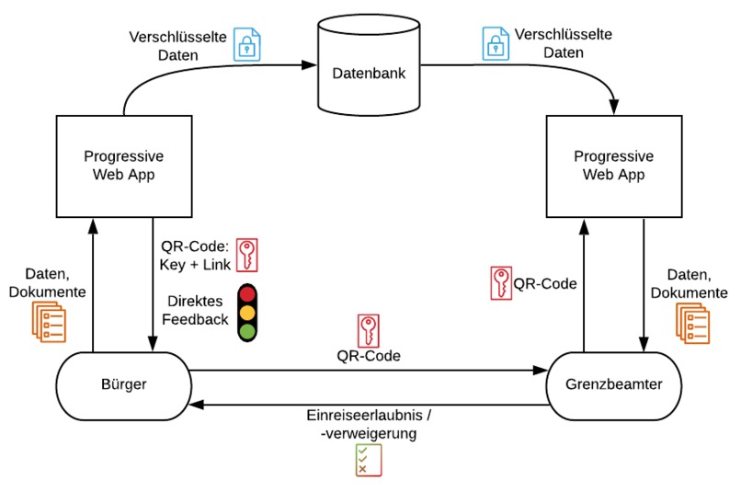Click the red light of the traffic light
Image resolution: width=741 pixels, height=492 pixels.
pos(247,296)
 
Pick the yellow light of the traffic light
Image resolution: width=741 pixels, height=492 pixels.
pos(247,314)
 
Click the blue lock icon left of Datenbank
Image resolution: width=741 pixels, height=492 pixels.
pos(246,44)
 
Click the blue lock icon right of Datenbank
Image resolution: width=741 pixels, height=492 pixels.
pos(496,42)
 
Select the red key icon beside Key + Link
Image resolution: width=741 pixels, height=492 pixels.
pos(246,255)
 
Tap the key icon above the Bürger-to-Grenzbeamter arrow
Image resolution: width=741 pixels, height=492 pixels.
pos(368,331)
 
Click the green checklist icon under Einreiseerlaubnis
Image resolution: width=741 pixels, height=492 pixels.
pos(368,459)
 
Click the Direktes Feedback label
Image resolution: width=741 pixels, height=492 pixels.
pos(199,310)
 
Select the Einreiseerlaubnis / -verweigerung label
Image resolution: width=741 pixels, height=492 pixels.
pos(368,423)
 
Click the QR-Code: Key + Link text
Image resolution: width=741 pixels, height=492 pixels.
pos(195,256)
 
